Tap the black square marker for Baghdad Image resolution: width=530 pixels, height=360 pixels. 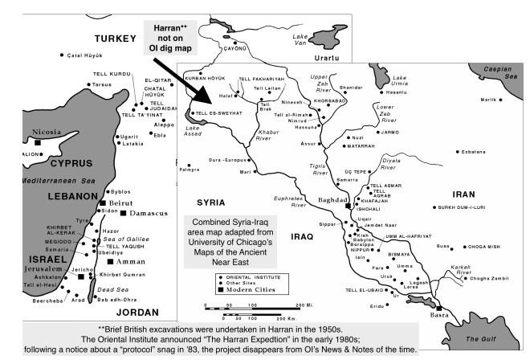(x=348, y=206)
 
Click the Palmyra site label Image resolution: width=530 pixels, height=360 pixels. (x=189, y=170)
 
